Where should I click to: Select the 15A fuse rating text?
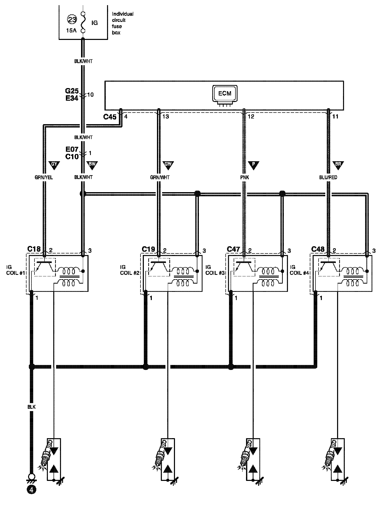[71, 30]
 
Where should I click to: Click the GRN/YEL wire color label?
[44, 177]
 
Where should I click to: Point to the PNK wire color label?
[245, 177]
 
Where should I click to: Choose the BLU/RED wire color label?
[328, 177]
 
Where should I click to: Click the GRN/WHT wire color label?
[160, 177]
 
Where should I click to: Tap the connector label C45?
[110, 117]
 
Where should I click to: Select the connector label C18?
[34, 249]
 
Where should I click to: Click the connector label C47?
[234, 249]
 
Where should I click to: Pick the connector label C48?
[318, 249]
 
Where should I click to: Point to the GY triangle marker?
[54, 165]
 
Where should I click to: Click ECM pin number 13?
[166, 117]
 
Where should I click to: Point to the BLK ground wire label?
[31, 407]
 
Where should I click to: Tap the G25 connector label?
[72, 91]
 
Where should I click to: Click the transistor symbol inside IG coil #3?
[243, 267]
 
